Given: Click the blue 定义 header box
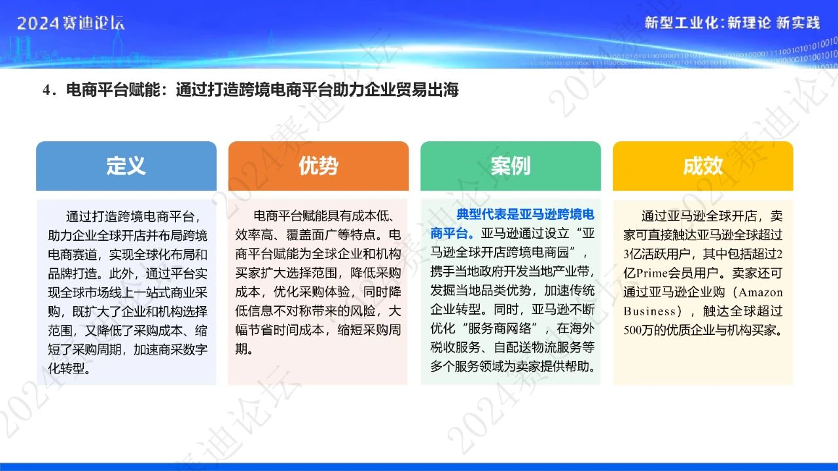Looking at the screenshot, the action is tap(126, 166).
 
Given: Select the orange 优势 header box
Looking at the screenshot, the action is tap(318, 166).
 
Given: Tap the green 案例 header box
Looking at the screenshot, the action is tap(511, 166).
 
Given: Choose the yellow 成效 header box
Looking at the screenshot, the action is tap(703, 166).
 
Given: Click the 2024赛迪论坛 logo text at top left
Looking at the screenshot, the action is tap(71, 23).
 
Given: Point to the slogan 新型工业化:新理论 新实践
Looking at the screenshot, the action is tap(732, 23).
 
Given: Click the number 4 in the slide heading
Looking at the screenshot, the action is tap(46, 90).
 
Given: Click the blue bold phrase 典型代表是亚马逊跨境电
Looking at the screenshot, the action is tap(525, 215).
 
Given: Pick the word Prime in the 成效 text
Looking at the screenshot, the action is tap(651, 273).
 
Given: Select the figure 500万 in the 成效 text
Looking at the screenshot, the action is tap(638, 330).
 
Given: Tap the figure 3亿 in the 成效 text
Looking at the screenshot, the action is tap(632, 254).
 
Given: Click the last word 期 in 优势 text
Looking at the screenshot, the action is tap(242, 349).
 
